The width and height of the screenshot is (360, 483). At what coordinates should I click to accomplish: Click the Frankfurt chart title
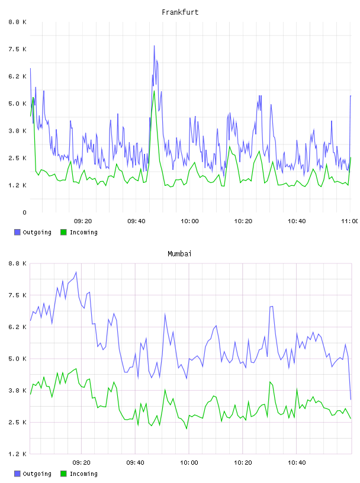pyautogui.click(x=180, y=12)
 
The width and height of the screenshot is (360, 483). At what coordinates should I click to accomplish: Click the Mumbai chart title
pyautogui.click(x=179, y=254)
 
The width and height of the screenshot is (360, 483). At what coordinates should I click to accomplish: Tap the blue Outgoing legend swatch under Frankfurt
pyautogui.click(x=17, y=232)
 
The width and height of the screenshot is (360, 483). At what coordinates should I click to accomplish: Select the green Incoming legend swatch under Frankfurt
pyautogui.click(x=63, y=232)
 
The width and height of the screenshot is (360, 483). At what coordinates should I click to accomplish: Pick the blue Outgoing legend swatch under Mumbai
pyautogui.click(x=17, y=474)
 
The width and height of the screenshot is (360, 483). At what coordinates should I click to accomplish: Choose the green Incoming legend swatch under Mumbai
pyautogui.click(x=63, y=474)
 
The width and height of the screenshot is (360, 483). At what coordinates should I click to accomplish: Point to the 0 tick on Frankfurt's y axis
pyautogui.click(x=24, y=212)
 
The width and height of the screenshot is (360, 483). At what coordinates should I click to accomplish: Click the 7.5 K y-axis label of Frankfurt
pyautogui.click(x=17, y=49)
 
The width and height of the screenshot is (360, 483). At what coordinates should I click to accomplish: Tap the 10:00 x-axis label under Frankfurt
pyautogui.click(x=189, y=221)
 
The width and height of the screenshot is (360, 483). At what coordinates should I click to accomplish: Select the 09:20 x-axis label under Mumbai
pyautogui.click(x=81, y=463)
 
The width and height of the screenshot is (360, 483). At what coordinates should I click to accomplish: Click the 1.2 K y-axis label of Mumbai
pyautogui.click(x=17, y=454)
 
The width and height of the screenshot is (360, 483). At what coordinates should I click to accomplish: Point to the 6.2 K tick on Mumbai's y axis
pyautogui.click(x=17, y=327)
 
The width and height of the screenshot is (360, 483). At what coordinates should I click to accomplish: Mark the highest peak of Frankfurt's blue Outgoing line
pyautogui.click(x=154, y=46)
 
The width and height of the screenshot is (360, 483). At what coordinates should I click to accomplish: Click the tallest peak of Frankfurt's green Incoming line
pyautogui.click(x=154, y=91)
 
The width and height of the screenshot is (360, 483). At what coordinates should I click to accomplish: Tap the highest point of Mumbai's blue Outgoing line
pyautogui.click(x=76, y=272)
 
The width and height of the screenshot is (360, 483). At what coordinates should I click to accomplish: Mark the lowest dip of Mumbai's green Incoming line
pyautogui.click(x=187, y=429)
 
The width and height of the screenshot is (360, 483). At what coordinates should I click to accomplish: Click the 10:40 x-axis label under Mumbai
pyautogui.click(x=297, y=463)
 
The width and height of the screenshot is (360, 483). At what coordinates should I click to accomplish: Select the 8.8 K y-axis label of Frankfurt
pyautogui.click(x=17, y=22)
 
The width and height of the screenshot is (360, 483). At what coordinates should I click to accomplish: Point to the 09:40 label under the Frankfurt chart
pyautogui.click(x=136, y=221)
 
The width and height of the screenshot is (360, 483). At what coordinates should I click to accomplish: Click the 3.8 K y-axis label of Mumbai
pyautogui.click(x=17, y=391)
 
